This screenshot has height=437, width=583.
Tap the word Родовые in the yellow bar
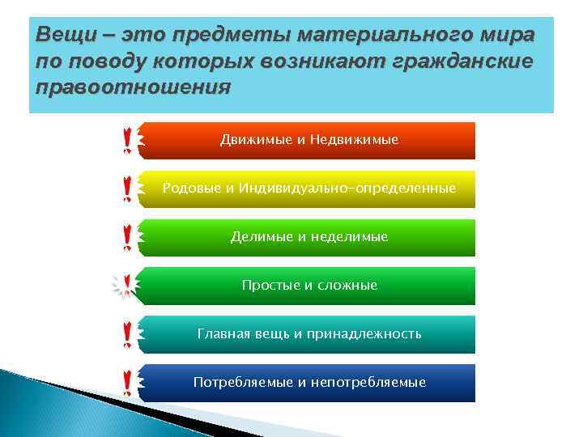(191, 188)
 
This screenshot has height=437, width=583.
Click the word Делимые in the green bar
(257, 237)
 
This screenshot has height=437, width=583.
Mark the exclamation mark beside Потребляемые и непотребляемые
(127, 383)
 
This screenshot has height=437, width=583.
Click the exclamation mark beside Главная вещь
(127, 334)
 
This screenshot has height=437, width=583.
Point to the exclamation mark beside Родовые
(127, 189)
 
